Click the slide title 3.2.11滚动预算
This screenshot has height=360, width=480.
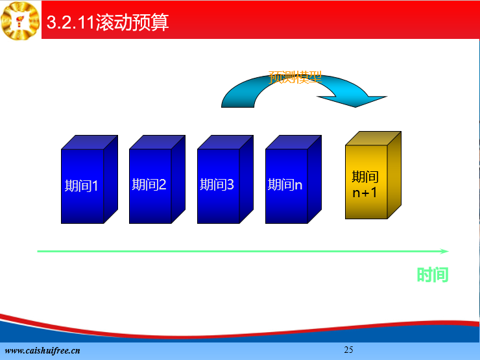pos(108,22)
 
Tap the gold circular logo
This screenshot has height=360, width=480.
pos(20,21)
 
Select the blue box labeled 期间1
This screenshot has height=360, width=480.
pos(90,180)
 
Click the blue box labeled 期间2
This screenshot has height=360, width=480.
pos(158,180)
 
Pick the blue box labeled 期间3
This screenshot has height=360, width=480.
pos(225,180)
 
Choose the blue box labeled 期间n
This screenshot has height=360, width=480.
pos(293,180)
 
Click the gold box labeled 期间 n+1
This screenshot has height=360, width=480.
pos(373,175)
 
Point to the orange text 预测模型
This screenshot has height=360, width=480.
pos(295,77)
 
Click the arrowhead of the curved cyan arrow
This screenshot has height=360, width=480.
pos(353,101)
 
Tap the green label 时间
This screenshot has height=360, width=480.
pos(433,274)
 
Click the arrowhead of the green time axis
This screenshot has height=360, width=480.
pos(444,251)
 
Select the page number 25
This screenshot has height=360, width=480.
pos(349,350)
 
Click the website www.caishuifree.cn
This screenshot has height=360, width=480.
pos(43,350)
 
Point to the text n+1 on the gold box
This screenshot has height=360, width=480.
pos(365,193)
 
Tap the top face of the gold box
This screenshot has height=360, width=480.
pos(373,138)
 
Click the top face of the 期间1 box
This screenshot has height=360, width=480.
pos(90,142)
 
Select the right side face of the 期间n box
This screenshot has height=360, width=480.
pos(315,180)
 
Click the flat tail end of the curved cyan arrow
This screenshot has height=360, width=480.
pos(237,106)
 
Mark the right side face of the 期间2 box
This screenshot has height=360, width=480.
pos(178,180)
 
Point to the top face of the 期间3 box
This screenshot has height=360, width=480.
pos(225,142)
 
